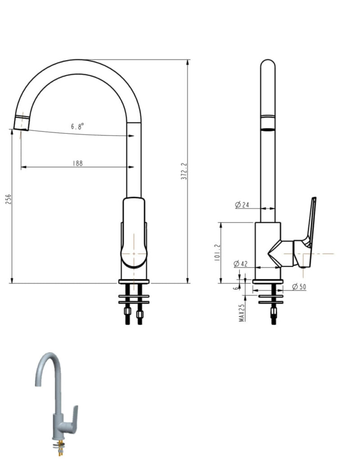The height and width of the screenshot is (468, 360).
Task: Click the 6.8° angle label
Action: coord(77,127)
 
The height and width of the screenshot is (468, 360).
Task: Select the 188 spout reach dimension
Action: coord(78,164)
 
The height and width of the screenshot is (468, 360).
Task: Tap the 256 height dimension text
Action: coord(8,200)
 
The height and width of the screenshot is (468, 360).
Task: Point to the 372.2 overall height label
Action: coord(184,171)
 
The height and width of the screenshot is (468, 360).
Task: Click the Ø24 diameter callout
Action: coord(242,205)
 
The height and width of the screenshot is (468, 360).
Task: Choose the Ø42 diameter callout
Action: coord(241,264)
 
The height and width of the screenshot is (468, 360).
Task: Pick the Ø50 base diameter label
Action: coord(299,286)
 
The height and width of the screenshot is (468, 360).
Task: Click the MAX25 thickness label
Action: coord(242,312)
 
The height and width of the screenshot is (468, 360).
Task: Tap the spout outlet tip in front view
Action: coord(21,123)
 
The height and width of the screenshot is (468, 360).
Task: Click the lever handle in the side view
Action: coord(310,221)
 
